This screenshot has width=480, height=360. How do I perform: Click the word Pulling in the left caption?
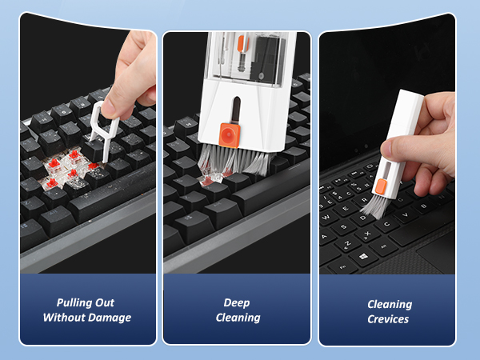[x=74, y=303]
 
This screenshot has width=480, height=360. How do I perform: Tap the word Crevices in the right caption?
[x=389, y=319]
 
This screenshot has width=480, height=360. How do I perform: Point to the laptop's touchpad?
[x=438, y=254]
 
